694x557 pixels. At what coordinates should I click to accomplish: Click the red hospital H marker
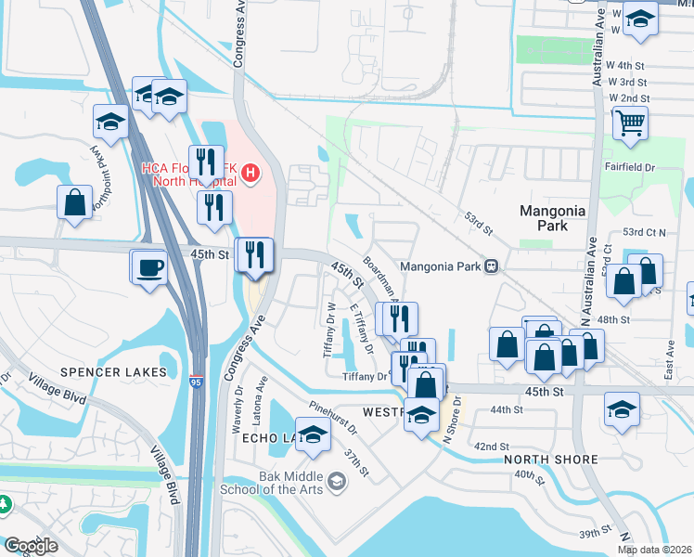click(x=251, y=174)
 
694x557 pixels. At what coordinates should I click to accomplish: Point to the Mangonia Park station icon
click(x=492, y=266)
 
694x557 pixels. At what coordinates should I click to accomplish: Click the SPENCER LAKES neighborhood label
click(x=113, y=372)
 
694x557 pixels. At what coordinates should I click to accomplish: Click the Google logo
click(x=31, y=546)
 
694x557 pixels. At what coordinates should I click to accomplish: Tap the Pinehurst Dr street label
click(x=333, y=414)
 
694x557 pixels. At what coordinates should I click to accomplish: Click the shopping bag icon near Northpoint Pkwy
click(x=74, y=202)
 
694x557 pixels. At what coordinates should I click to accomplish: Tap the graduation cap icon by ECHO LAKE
click(x=315, y=437)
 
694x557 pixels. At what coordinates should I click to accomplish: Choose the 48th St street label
click(x=613, y=319)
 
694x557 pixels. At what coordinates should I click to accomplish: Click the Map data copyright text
click(x=655, y=550)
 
